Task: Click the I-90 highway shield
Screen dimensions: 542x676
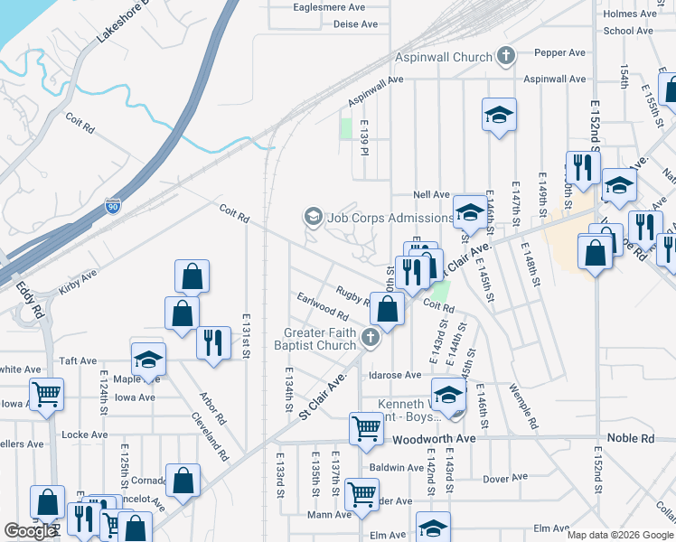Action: (x=113, y=207)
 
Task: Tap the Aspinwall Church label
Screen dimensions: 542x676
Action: (x=442, y=57)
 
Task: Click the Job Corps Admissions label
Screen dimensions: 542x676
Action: (x=389, y=218)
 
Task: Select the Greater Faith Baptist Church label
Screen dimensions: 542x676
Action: (x=321, y=339)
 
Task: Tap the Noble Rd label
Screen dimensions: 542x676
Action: (x=634, y=438)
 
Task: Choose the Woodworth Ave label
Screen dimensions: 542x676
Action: (x=434, y=438)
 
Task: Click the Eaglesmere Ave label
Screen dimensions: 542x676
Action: (x=329, y=6)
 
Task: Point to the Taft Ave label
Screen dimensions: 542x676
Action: (x=78, y=360)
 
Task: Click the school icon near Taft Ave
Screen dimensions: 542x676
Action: (x=148, y=360)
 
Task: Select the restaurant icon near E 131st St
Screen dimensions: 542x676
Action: (x=213, y=342)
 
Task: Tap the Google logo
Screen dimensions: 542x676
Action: (x=30, y=531)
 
